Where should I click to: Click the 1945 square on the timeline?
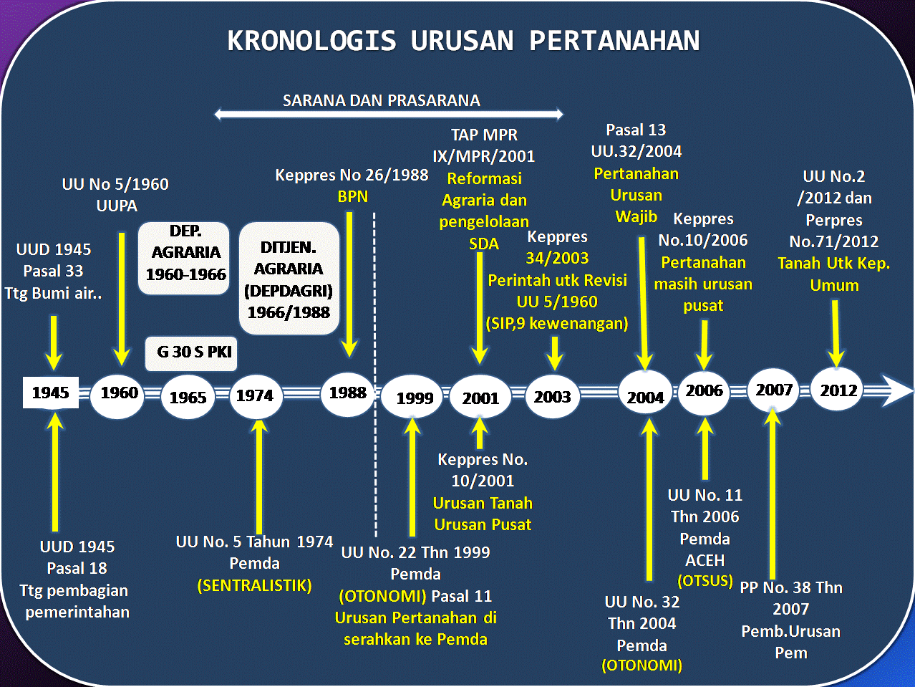[51, 393]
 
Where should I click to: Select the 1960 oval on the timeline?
[118, 393]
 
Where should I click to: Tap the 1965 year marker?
[188, 398]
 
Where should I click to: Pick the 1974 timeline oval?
[255, 395]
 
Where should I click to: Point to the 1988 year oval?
[347, 393]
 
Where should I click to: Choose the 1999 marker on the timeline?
[415, 398]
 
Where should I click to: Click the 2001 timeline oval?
[480, 398]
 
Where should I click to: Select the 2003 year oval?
[552, 396]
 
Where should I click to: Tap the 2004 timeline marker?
[645, 397]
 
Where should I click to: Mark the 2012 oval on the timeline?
[838, 390]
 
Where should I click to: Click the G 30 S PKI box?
[191, 352]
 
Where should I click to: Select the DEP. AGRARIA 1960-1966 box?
[185, 259]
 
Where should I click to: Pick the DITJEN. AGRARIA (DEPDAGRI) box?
[289, 279]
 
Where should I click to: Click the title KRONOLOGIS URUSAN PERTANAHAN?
[463, 41]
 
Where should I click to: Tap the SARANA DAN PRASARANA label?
[381, 100]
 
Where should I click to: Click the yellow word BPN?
[352, 196]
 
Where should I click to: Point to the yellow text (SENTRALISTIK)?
[254, 585]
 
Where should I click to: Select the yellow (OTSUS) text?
[705, 580]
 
